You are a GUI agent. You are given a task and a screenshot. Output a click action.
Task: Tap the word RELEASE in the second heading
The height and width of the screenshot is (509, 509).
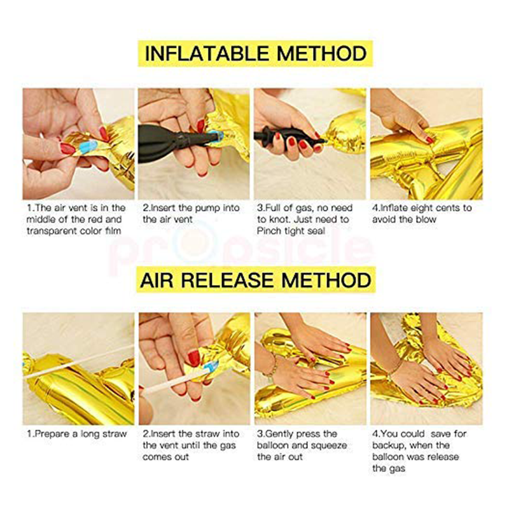click(x=228, y=280)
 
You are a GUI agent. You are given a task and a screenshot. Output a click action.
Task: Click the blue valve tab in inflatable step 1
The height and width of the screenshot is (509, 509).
click(x=88, y=147)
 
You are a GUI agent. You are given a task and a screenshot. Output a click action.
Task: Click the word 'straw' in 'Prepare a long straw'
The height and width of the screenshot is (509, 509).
click(x=115, y=434)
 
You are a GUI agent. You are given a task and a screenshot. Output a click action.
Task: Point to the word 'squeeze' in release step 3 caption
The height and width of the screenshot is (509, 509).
click(x=330, y=446)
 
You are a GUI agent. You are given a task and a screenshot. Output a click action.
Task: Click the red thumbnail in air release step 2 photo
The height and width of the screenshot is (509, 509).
click(x=194, y=358)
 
